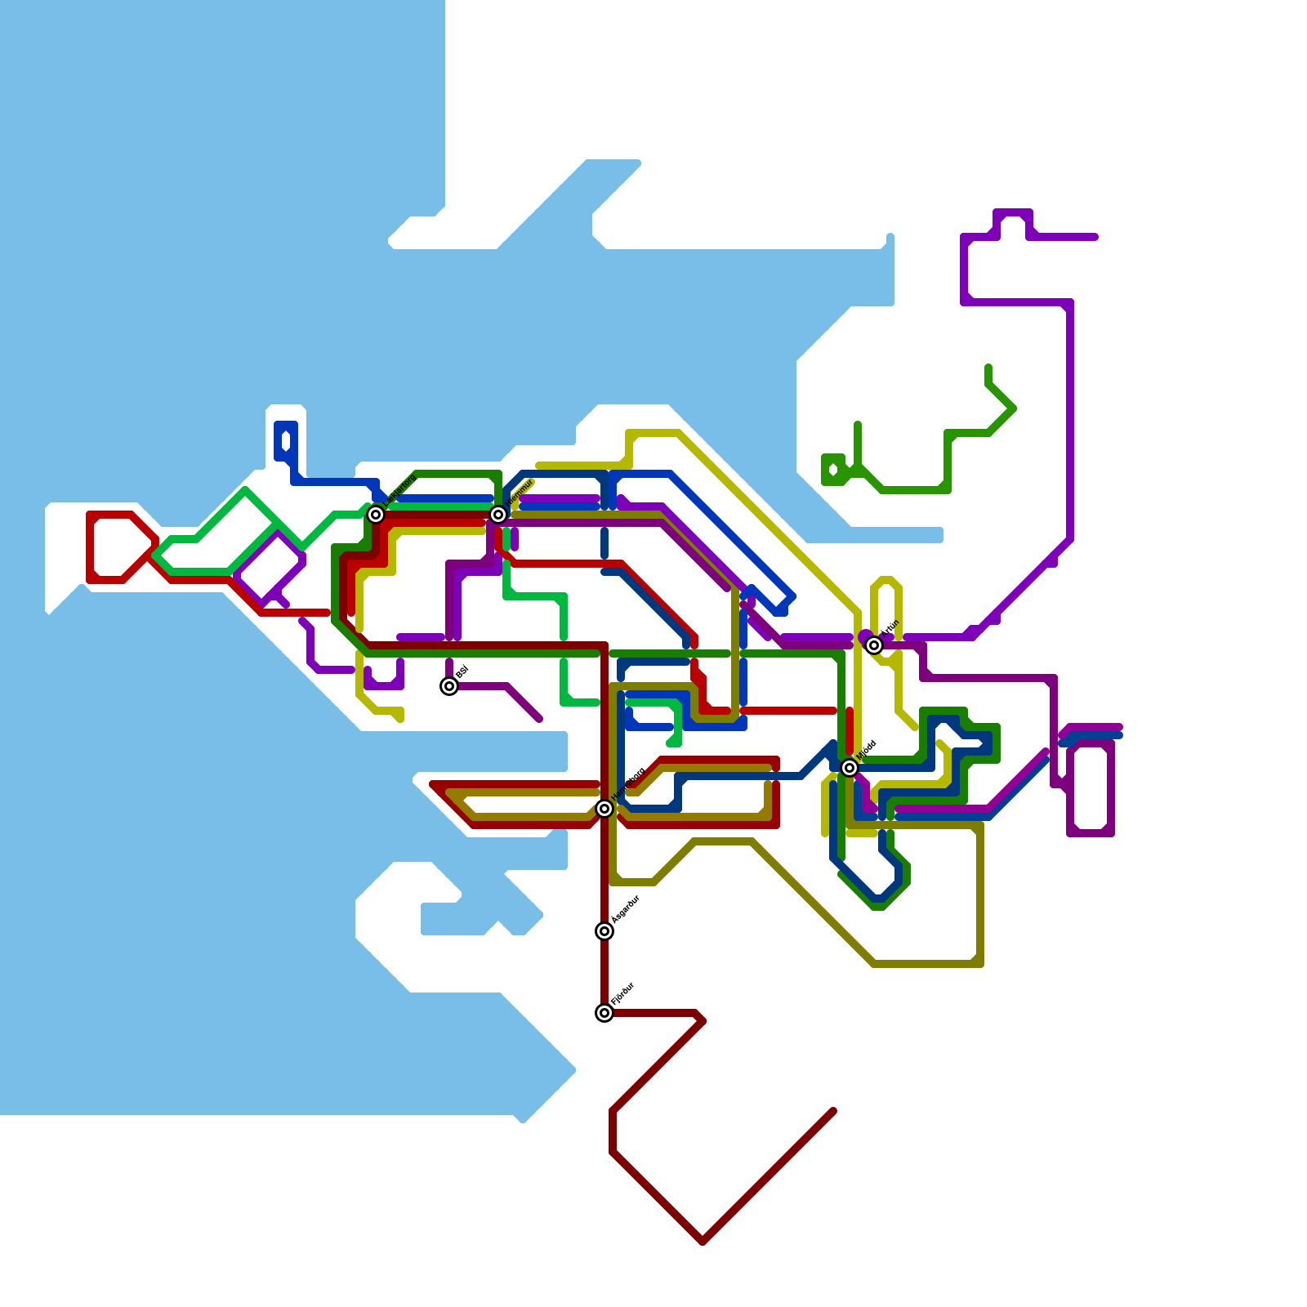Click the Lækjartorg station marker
click(376, 515)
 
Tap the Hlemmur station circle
click(498, 515)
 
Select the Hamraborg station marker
click(604, 809)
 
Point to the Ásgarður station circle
click(604, 931)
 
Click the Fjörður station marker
click(604, 1013)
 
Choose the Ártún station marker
click(874, 645)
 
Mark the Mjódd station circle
click(850, 768)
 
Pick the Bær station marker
click(449, 686)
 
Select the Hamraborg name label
click(628, 783)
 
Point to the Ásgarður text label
click(626, 909)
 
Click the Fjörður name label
click(622, 993)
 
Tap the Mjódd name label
click(867, 750)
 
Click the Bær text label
click(462, 671)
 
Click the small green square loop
click(833, 470)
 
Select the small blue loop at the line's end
click(286, 441)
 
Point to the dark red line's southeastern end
click(832, 1111)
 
